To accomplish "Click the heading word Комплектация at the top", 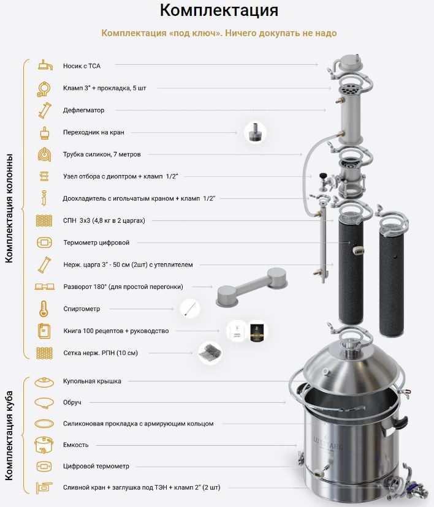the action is (x=219, y=10).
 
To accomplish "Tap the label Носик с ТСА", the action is (x=82, y=66).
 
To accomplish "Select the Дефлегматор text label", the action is (x=83, y=110).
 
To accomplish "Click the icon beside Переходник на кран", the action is (x=44, y=133).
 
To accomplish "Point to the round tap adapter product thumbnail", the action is (x=255, y=133).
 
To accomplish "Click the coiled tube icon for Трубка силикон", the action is (x=44, y=154).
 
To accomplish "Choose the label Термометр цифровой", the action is (x=96, y=242).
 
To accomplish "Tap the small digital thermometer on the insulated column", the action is (x=358, y=250).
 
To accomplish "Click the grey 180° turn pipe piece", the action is (x=252, y=287).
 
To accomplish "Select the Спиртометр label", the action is (x=82, y=309).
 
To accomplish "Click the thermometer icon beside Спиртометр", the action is (x=44, y=309).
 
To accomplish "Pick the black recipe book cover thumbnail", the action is (x=257, y=331).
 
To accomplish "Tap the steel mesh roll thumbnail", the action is (x=210, y=353).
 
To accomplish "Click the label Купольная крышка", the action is (x=92, y=381).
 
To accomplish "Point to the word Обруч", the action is (x=72, y=402).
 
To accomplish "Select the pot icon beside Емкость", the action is (x=44, y=445).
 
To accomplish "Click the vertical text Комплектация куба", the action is (x=9, y=435).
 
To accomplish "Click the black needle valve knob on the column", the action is (x=322, y=176).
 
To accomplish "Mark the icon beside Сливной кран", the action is (x=44, y=487).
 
